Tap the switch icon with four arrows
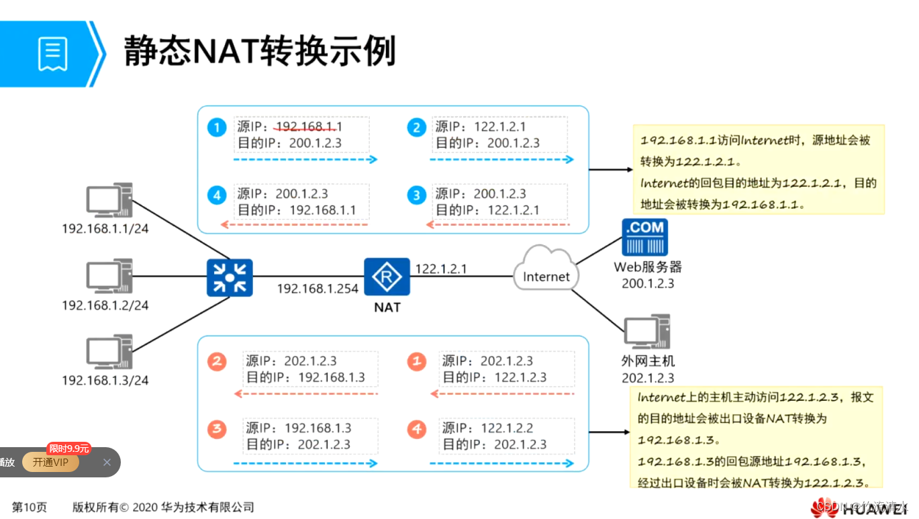pyautogui.click(x=230, y=277)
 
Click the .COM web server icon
pyautogui.click(x=644, y=237)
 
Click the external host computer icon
pyautogui.click(x=646, y=332)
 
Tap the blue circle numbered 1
pyautogui.click(x=216, y=128)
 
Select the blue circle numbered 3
pyautogui.click(x=417, y=195)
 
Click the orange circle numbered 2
pyautogui.click(x=216, y=362)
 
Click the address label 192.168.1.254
pyautogui.click(x=318, y=289)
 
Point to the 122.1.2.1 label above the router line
pyautogui.click(x=441, y=269)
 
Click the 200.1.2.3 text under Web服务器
pyautogui.click(x=648, y=283)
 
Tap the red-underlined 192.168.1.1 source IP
pyautogui.click(x=309, y=127)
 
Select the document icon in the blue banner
pyautogui.click(x=52, y=54)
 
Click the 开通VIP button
pyautogui.click(x=50, y=462)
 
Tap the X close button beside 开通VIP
pyautogui.click(x=107, y=462)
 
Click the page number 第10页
pyautogui.click(x=30, y=508)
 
